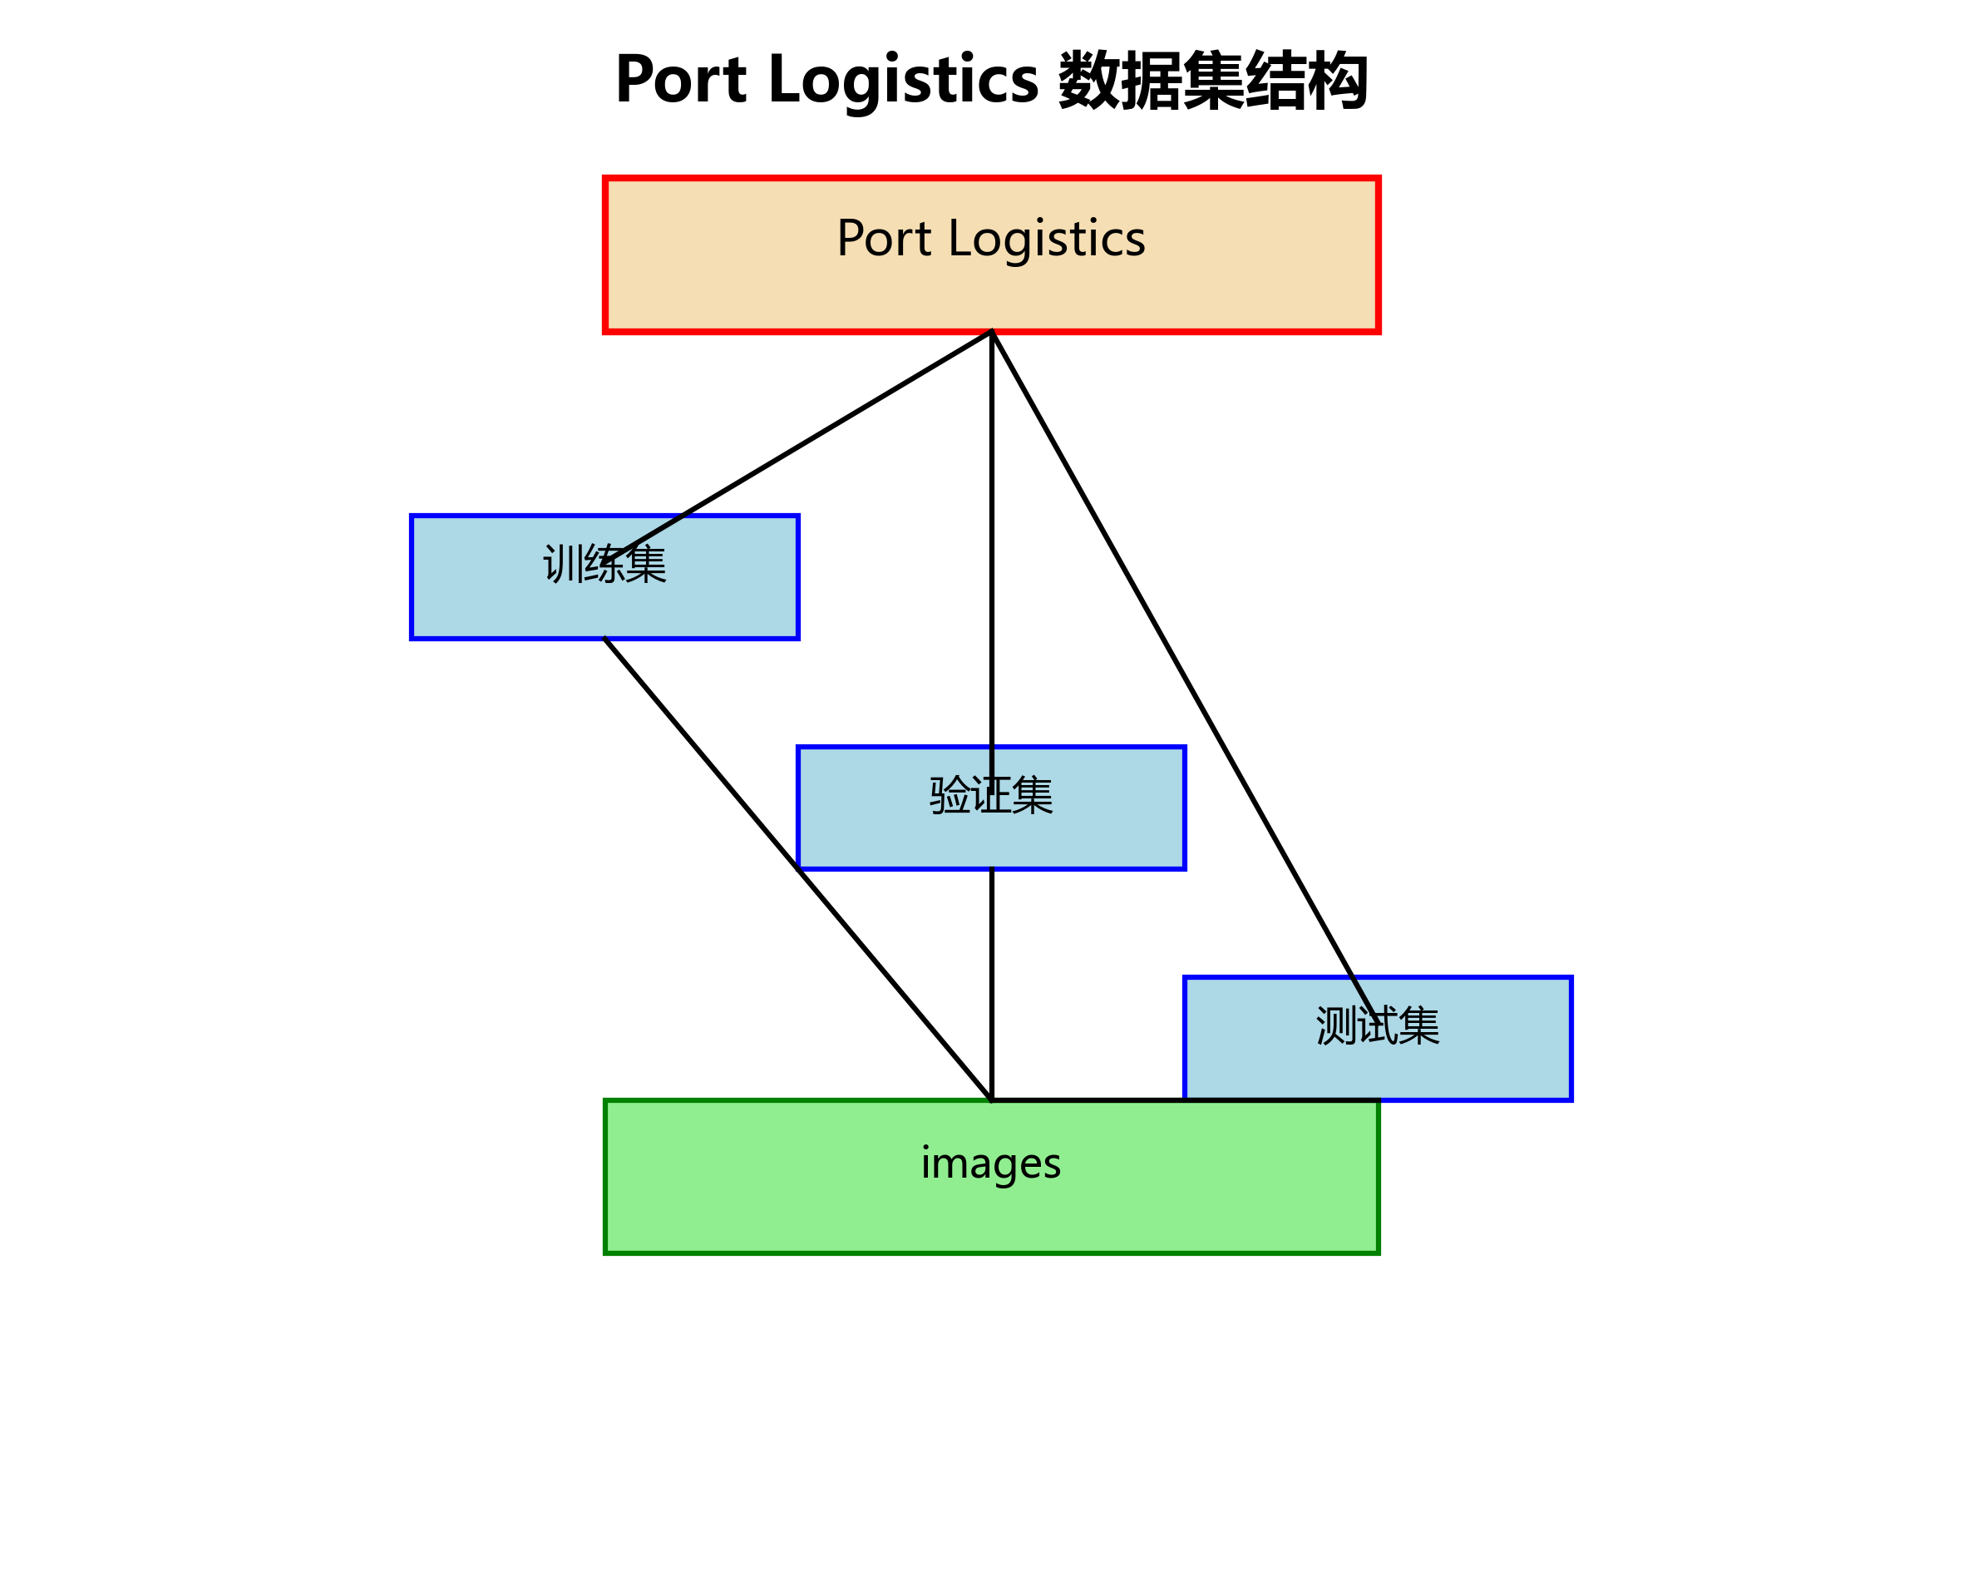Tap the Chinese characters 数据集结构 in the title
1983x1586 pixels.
(x=1212, y=81)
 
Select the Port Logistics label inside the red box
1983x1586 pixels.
(x=990, y=238)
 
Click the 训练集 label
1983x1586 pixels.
(x=604, y=564)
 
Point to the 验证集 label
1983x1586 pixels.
(x=990, y=795)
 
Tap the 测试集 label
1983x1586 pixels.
(x=1377, y=1025)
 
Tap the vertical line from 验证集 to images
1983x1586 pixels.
(x=991, y=985)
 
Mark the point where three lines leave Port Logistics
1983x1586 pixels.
(x=991, y=332)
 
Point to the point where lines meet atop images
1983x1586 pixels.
(x=991, y=1099)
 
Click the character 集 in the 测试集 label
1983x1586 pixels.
(x=1419, y=1025)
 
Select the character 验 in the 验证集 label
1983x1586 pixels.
(x=950, y=795)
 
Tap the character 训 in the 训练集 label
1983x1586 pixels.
(x=563, y=564)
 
